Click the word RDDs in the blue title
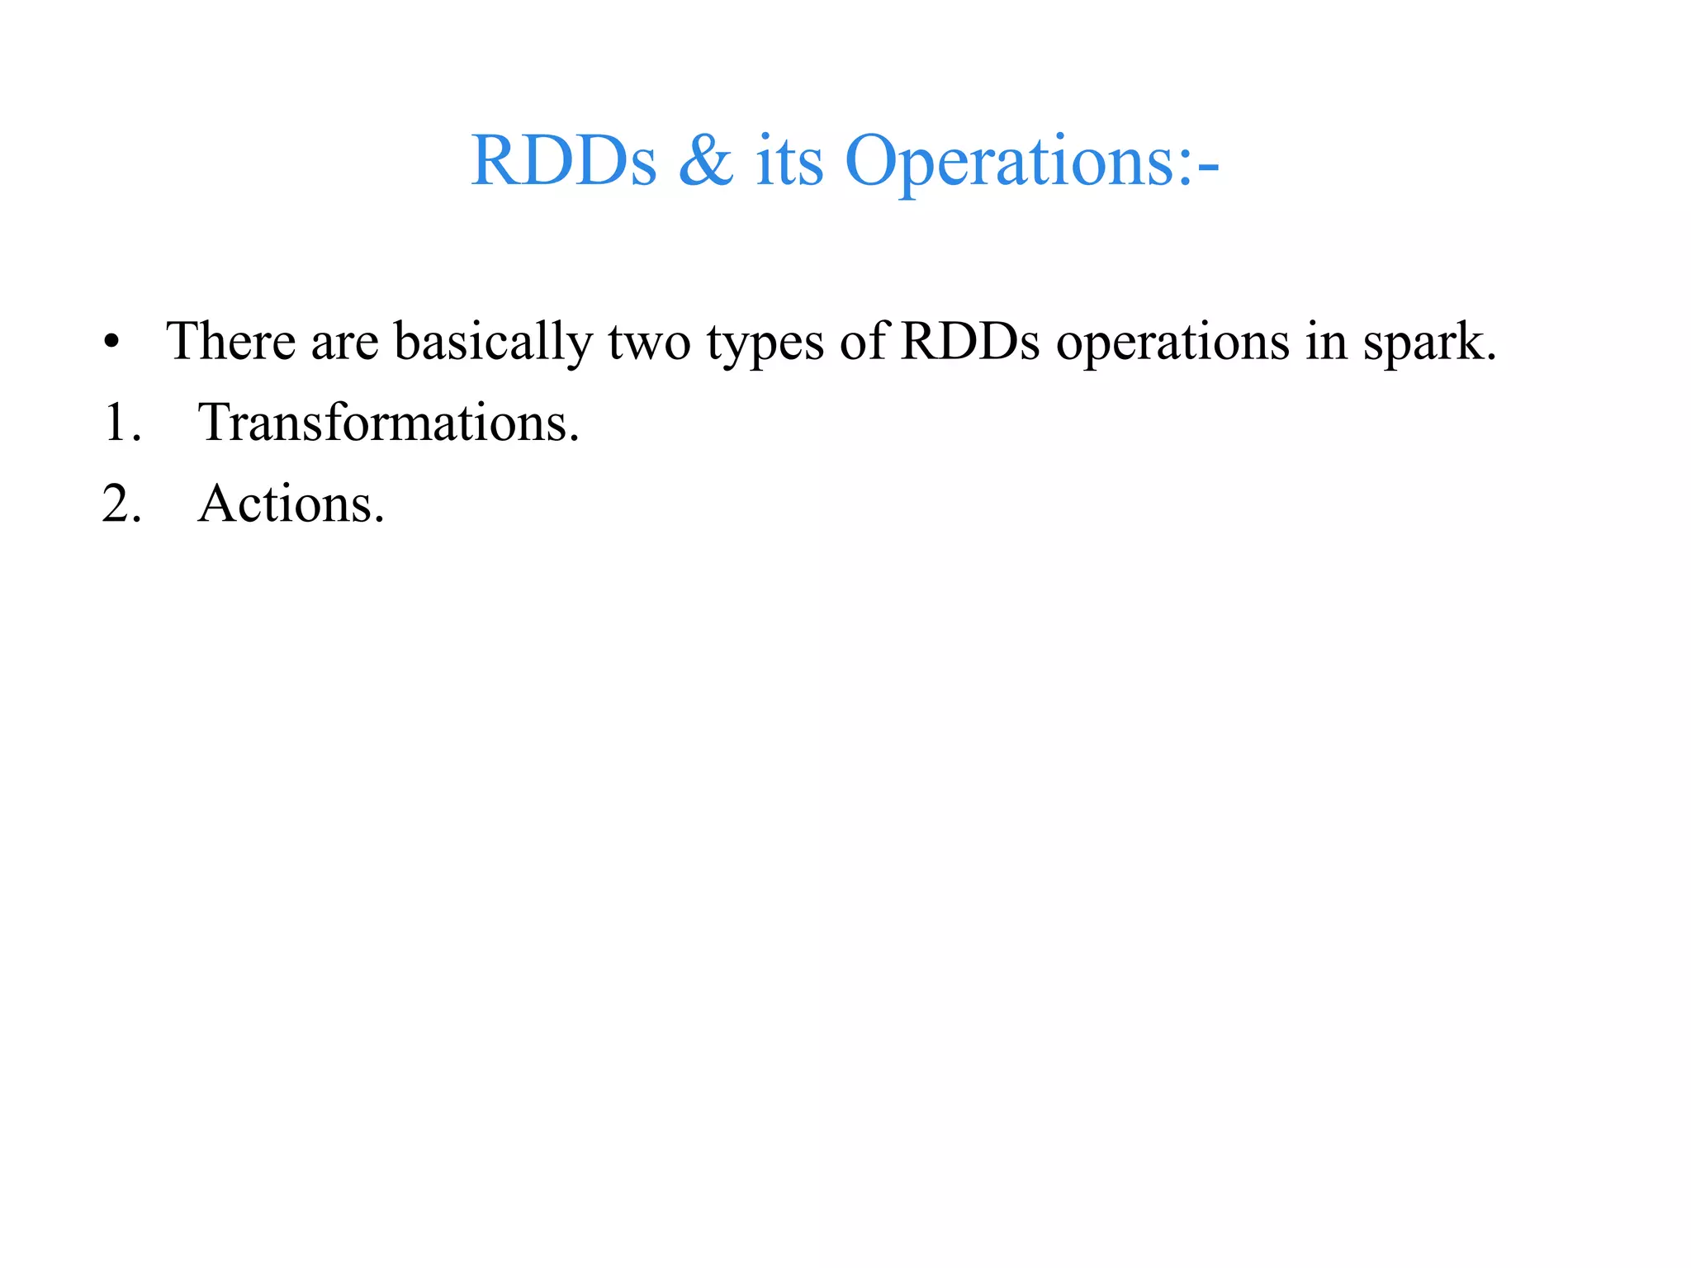click(x=563, y=160)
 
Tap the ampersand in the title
click(x=706, y=160)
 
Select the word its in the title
click(x=789, y=162)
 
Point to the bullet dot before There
click(x=112, y=342)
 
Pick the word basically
click(x=493, y=342)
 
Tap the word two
click(x=649, y=342)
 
